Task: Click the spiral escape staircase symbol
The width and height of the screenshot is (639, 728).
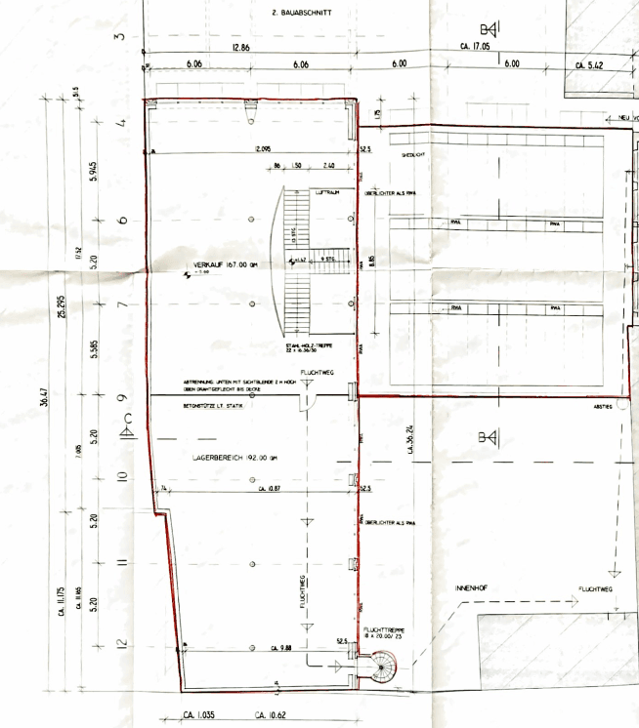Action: [382, 667]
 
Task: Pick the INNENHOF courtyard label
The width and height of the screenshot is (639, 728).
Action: [471, 589]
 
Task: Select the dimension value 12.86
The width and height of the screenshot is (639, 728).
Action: [239, 47]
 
